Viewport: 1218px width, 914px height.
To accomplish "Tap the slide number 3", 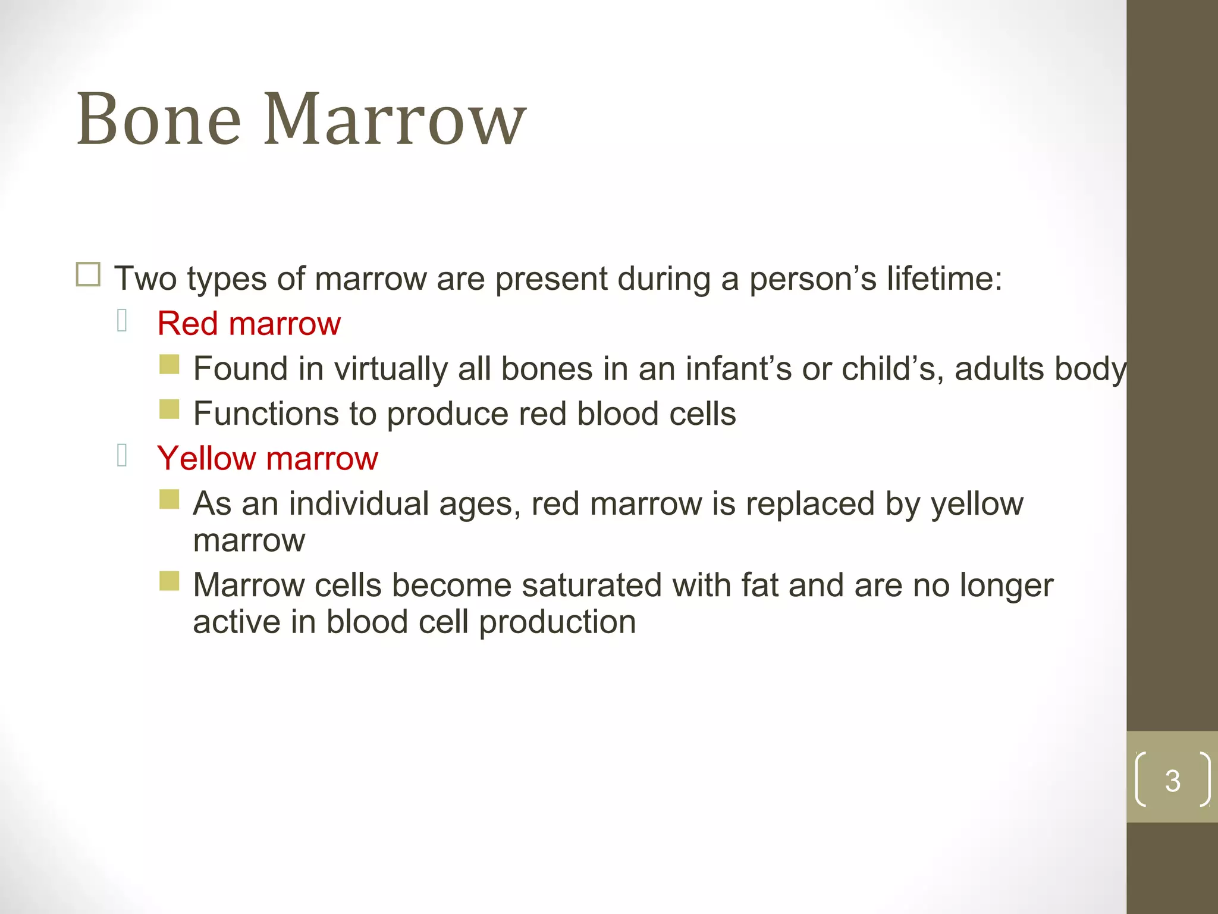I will (x=1172, y=781).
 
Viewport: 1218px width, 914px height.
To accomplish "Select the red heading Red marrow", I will (x=249, y=324).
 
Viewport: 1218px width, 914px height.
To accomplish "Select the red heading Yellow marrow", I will (x=267, y=459).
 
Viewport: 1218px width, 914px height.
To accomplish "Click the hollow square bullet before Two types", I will (x=88, y=275).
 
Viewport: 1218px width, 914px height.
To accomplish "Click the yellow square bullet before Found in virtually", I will (x=169, y=364).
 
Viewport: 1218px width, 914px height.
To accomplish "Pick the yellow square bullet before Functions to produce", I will (x=169, y=409).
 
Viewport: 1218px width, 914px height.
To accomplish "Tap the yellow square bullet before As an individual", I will (x=169, y=499).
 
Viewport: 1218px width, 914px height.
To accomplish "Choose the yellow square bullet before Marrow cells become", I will (x=169, y=581).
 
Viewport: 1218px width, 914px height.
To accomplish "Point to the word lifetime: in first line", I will (x=944, y=278).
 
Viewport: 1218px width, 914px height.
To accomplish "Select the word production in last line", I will (x=557, y=623).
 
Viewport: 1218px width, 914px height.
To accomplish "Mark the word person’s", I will (x=812, y=278).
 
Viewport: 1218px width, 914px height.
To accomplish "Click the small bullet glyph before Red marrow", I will (x=122, y=321).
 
